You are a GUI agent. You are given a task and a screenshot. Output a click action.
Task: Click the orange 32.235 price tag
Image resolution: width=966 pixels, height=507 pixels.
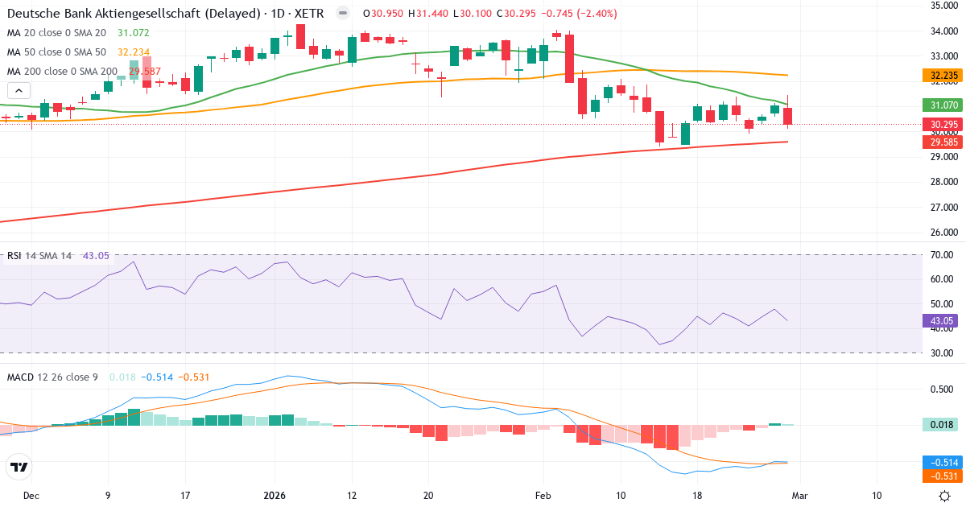click(943, 76)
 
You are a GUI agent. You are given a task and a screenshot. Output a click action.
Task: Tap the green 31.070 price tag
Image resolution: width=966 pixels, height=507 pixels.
click(943, 105)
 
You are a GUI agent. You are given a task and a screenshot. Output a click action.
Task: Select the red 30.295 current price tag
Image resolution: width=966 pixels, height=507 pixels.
click(943, 125)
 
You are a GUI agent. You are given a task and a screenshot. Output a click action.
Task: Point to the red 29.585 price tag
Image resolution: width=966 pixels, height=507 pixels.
click(943, 142)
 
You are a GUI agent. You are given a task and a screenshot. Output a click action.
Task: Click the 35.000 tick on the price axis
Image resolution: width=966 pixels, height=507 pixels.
click(943, 6)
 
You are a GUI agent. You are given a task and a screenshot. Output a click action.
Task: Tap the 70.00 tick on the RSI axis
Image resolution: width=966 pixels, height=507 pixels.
click(942, 255)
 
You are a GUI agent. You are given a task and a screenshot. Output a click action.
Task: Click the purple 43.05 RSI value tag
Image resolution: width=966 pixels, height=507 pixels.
click(942, 320)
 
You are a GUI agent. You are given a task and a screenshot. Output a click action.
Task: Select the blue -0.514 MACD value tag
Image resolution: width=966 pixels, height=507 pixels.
click(943, 463)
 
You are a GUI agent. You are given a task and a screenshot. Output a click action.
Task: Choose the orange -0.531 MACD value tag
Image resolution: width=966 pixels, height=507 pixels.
click(943, 476)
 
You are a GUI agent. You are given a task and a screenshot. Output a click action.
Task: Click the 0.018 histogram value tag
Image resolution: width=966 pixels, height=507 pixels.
click(943, 425)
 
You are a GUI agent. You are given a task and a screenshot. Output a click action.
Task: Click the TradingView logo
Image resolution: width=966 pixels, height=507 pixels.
click(19, 467)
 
